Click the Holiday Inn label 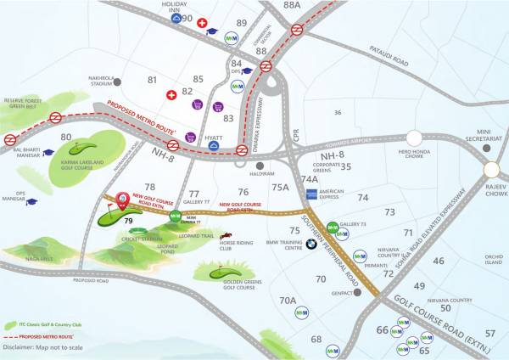[x=174, y=7]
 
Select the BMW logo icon [x=311, y=244]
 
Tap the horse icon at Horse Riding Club [x=226, y=235]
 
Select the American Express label [x=331, y=194]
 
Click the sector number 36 [x=338, y=112]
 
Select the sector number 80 [x=65, y=136]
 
